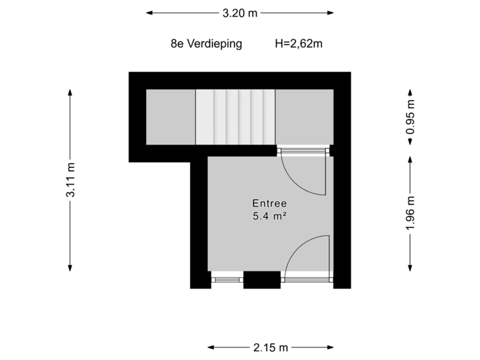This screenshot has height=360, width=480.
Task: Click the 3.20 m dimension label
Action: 240,13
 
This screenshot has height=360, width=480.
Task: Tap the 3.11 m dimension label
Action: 70,181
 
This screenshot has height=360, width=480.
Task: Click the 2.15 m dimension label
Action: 271,347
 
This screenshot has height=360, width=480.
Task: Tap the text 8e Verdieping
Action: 206,45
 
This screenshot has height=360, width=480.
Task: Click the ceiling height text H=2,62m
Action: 299,45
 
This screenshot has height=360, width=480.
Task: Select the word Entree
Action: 269,203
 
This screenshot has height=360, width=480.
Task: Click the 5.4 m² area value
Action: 269,215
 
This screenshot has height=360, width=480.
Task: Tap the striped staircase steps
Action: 235,117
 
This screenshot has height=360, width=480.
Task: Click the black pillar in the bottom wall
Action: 261,280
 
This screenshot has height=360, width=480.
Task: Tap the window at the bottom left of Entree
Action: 227,279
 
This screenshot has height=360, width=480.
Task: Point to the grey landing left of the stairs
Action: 171,117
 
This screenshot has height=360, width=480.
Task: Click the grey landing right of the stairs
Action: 304,117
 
